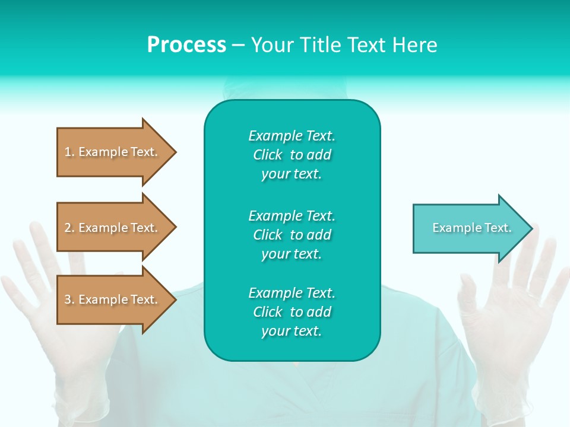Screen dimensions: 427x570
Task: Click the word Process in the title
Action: click(x=186, y=45)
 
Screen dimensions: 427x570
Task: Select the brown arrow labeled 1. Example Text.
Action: click(x=113, y=152)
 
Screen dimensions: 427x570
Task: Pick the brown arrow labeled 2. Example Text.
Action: click(x=113, y=228)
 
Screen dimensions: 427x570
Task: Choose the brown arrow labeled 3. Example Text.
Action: click(x=113, y=299)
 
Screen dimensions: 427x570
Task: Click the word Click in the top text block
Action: click(x=268, y=155)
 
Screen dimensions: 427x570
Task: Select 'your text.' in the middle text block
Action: click(x=292, y=254)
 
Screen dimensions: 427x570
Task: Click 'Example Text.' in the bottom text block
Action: click(x=292, y=293)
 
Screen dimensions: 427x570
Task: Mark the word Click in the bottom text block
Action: click(x=268, y=312)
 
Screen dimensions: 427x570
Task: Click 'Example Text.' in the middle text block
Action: click(x=292, y=215)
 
